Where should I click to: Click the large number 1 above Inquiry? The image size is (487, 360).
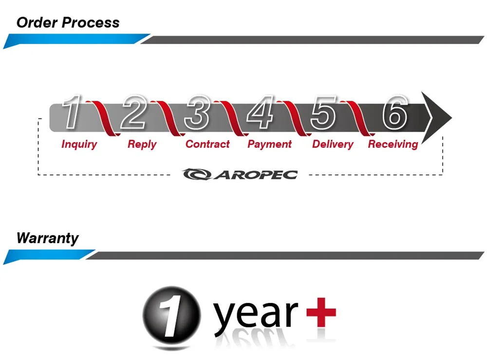[73, 113]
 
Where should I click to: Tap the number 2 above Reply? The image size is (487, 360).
[134, 113]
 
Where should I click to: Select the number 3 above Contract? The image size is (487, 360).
[197, 113]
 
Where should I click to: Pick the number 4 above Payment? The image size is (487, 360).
[260, 113]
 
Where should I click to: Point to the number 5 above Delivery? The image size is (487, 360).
[323, 113]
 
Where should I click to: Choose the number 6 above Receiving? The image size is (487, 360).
[394, 113]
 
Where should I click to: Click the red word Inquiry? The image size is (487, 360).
[79, 144]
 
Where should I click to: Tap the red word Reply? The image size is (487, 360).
[142, 144]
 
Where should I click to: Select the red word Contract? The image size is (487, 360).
[207, 144]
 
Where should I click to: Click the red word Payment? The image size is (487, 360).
[269, 144]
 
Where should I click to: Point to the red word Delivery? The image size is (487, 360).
[333, 144]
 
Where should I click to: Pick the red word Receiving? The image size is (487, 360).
[393, 144]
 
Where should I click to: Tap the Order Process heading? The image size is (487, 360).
[68, 22]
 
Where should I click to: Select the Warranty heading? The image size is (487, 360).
[47, 239]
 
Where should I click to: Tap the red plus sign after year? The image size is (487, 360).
[321, 311]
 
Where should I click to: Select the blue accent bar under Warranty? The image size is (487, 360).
[49, 256]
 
